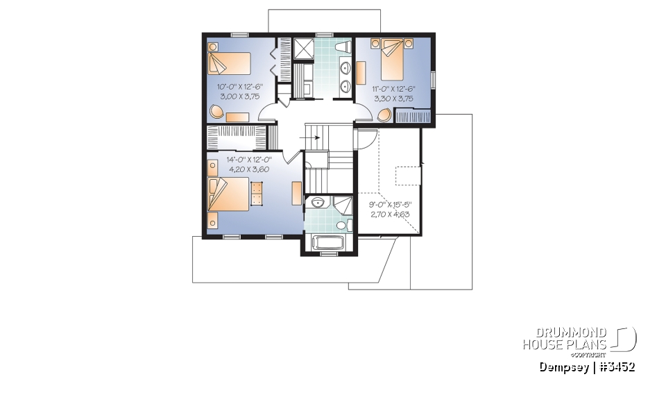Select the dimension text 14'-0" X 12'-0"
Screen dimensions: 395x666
tap(249, 160)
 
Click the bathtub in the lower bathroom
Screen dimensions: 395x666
tap(327, 244)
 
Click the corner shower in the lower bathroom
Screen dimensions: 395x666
tap(341, 206)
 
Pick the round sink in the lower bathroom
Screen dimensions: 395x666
tap(318, 203)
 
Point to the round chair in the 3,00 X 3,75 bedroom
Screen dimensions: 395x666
tap(217, 111)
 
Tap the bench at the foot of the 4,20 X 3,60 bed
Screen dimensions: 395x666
tap(258, 194)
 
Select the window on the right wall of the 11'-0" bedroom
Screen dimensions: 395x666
tap(434, 80)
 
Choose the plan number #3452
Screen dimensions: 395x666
tap(617, 366)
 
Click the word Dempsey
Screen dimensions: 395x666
tap(563, 366)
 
